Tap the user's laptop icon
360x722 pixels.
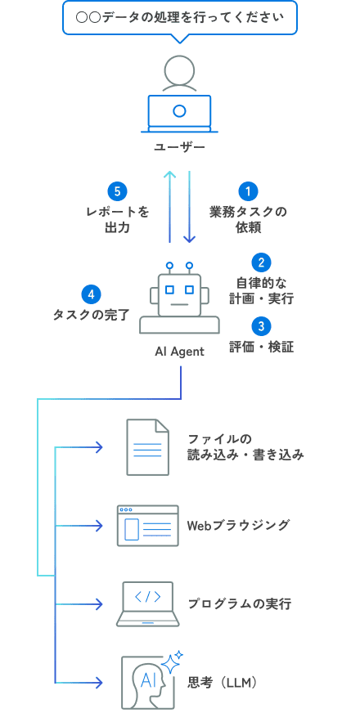[179, 113]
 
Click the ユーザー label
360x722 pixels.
[179, 147]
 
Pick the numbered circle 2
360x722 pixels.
[260, 262]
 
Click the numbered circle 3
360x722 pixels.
[260, 326]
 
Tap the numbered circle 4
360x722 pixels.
[92, 294]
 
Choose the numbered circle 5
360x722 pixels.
[118, 191]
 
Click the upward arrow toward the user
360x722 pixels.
[169, 207]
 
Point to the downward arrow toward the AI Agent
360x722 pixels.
[189, 207]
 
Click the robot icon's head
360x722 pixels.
[179, 293]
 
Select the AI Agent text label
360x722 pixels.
[179, 351]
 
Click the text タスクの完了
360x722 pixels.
[91, 315]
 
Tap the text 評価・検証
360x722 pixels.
[260, 347]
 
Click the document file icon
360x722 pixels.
[147, 446]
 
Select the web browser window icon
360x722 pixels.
[147, 525]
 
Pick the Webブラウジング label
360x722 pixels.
[238, 525]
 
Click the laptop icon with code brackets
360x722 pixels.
[147, 603]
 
